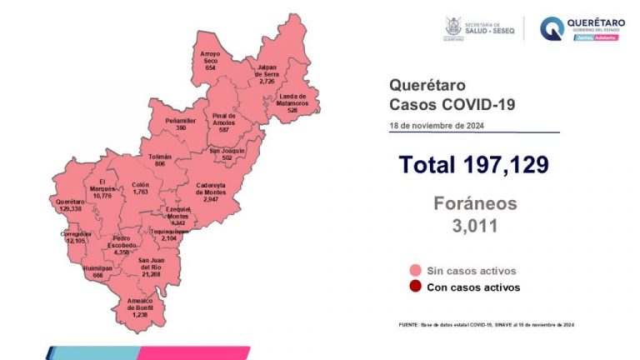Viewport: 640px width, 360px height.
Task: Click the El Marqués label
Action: (x=101, y=188)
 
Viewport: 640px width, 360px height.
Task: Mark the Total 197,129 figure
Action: (x=473, y=164)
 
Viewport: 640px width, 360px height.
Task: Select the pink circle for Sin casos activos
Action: (x=413, y=271)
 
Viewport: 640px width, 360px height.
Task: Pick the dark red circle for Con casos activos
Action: (x=413, y=287)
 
